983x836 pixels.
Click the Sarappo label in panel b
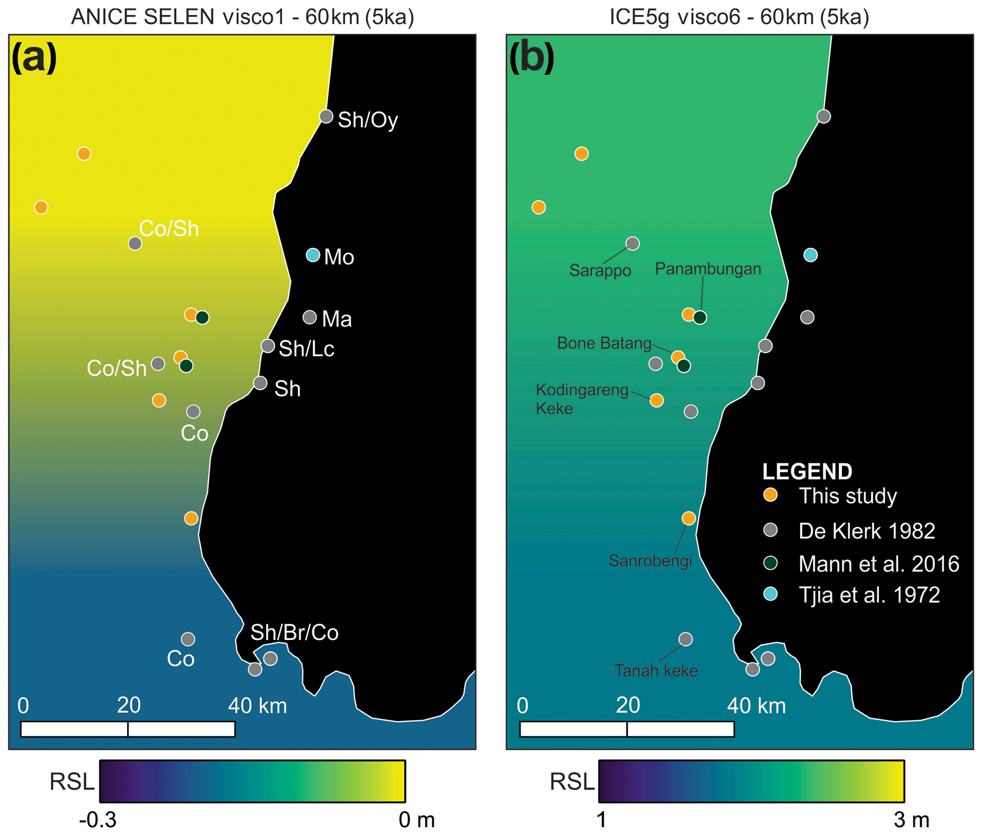pos(600,270)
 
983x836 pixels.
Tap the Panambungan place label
pos(708,269)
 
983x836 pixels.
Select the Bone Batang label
pos(604,343)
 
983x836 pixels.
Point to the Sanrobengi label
pos(650,561)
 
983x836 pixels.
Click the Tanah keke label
pos(656,670)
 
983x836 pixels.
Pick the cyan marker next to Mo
pos(312,255)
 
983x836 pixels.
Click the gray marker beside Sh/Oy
pos(326,116)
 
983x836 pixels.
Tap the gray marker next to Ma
pos(310,317)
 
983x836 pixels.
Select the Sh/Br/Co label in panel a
pos(294,632)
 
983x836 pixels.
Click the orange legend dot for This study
pos(770,495)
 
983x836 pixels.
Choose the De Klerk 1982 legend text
pos(866,531)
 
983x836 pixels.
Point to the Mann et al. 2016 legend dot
pos(770,563)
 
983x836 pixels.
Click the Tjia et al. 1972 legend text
pos(869,595)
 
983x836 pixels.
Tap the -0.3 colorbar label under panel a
pos(98,819)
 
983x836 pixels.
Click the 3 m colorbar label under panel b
pos(911,819)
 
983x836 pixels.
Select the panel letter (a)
pos(34,57)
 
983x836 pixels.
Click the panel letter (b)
pos(532,57)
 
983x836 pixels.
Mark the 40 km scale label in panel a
pos(257,706)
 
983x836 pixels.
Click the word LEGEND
pos(807,472)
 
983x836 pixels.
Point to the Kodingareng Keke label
pos(581,399)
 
